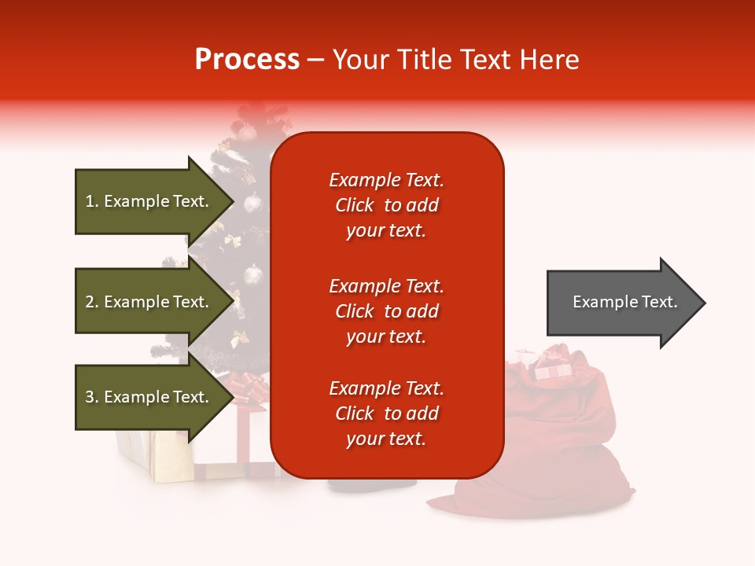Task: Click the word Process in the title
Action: [247, 60]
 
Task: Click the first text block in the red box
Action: [386, 205]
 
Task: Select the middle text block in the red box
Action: [386, 311]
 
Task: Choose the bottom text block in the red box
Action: [386, 413]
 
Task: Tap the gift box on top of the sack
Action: [552, 366]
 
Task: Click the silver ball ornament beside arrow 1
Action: [252, 204]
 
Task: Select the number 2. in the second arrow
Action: [92, 302]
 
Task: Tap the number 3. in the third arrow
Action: [92, 397]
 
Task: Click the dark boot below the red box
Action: [370, 483]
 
